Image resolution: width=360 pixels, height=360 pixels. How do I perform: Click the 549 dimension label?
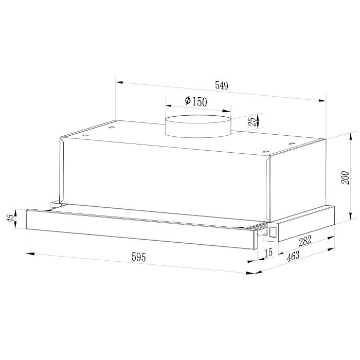(221, 86)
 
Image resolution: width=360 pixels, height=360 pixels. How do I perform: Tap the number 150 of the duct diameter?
(199, 102)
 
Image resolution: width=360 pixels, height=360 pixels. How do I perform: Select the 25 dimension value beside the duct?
(251, 121)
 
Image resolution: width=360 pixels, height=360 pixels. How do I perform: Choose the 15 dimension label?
(268, 253)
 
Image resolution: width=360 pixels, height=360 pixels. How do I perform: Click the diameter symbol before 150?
(187, 101)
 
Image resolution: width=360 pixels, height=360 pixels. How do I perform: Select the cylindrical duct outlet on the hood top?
(198, 127)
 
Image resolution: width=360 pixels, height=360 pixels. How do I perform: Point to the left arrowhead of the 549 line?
(118, 81)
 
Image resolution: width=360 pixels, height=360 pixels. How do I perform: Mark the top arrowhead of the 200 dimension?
(351, 134)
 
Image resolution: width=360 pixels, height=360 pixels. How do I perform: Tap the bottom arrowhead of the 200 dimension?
(351, 217)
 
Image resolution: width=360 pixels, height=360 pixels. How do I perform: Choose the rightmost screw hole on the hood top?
(292, 143)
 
